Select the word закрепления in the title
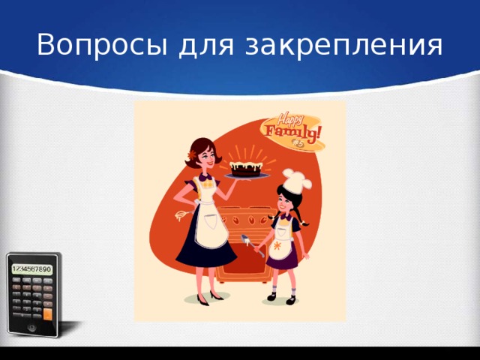[x=343, y=47]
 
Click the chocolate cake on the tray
[x=247, y=167]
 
